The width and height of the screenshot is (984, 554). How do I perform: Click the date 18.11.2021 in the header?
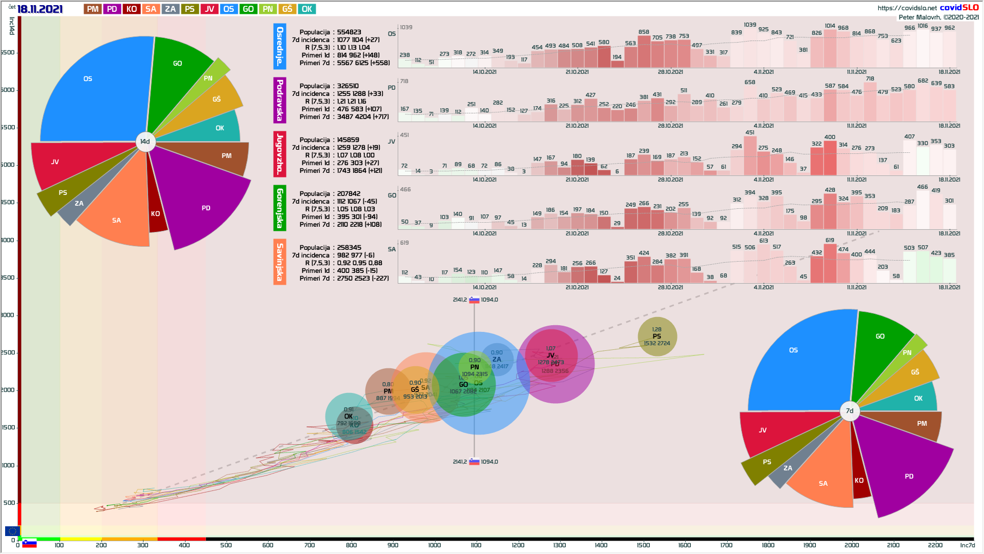(x=39, y=9)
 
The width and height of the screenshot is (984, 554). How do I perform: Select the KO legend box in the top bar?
(x=132, y=9)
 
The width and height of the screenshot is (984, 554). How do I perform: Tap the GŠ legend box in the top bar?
(x=287, y=9)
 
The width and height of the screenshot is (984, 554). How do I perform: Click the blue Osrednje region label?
(x=280, y=46)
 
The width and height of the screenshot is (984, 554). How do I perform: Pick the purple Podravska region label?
(x=280, y=100)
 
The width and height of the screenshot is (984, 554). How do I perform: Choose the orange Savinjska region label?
(x=280, y=262)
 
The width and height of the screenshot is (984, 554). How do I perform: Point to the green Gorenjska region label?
(x=280, y=208)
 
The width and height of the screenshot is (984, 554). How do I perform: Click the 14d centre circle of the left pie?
(x=146, y=142)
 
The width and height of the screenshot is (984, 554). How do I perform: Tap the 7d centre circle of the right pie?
(x=850, y=411)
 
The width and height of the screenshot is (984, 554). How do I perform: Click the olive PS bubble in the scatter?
(x=657, y=337)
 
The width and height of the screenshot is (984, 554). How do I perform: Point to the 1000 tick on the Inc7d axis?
(x=434, y=545)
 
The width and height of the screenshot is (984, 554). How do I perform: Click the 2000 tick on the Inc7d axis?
(x=851, y=545)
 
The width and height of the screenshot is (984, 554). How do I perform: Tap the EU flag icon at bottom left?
(x=12, y=531)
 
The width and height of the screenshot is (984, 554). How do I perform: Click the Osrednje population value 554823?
(x=349, y=32)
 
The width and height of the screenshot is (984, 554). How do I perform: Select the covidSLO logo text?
(x=959, y=8)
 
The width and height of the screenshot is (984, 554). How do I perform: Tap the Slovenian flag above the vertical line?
(x=474, y=300)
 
